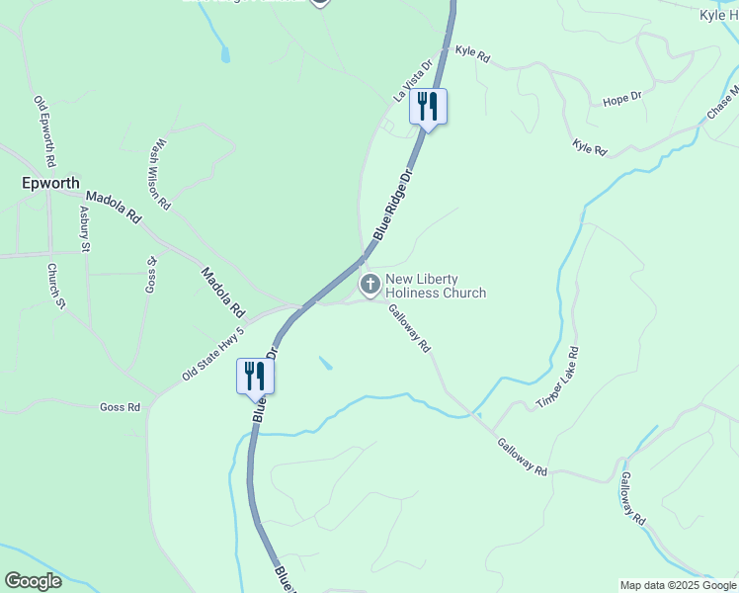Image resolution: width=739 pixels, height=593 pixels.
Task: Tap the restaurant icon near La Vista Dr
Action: click(428, 106)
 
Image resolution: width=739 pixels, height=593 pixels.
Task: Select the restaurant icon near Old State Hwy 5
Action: click(255, 376)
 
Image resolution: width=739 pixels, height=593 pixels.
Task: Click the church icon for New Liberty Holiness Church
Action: click(370, 286)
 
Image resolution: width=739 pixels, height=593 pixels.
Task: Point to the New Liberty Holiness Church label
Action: click(436, 286)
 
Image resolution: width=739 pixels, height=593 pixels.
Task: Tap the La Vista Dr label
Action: click(413, 81)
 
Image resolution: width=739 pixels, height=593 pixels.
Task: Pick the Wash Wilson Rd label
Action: click(159, 174)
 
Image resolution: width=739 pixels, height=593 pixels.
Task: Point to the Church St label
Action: click(56, 286)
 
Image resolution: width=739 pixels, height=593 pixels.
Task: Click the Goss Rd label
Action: click(120, 406)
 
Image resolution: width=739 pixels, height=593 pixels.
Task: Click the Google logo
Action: click(33, 581)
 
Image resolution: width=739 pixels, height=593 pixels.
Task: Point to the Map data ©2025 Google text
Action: click(678, 585)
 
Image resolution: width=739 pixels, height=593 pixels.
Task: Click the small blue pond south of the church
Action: click(325, 363)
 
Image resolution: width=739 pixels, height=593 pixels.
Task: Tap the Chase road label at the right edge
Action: click(723, 103)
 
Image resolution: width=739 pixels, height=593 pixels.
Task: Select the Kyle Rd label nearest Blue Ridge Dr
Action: click(472, 55)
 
